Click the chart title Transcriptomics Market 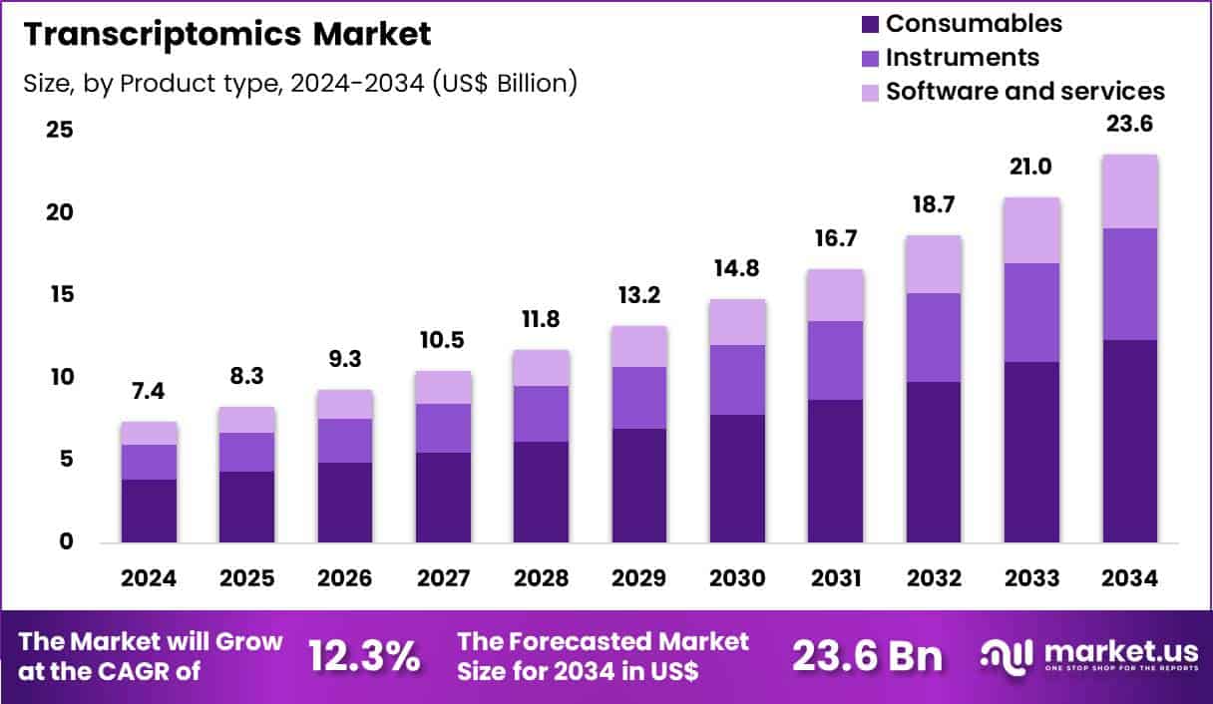(227, 34)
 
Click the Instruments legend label (962, 57)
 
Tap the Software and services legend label (1024, 91)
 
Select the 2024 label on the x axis (150, 578)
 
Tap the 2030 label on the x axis (738, 578)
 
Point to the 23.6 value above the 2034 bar (1130, 126)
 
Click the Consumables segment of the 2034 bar (1130, 441)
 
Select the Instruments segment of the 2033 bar (1032, 312)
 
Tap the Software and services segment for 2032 (935, 264)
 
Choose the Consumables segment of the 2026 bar (346, 503)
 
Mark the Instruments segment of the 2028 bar (543, 413)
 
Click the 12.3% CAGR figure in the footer (363, 657)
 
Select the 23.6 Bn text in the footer (867, 657)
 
